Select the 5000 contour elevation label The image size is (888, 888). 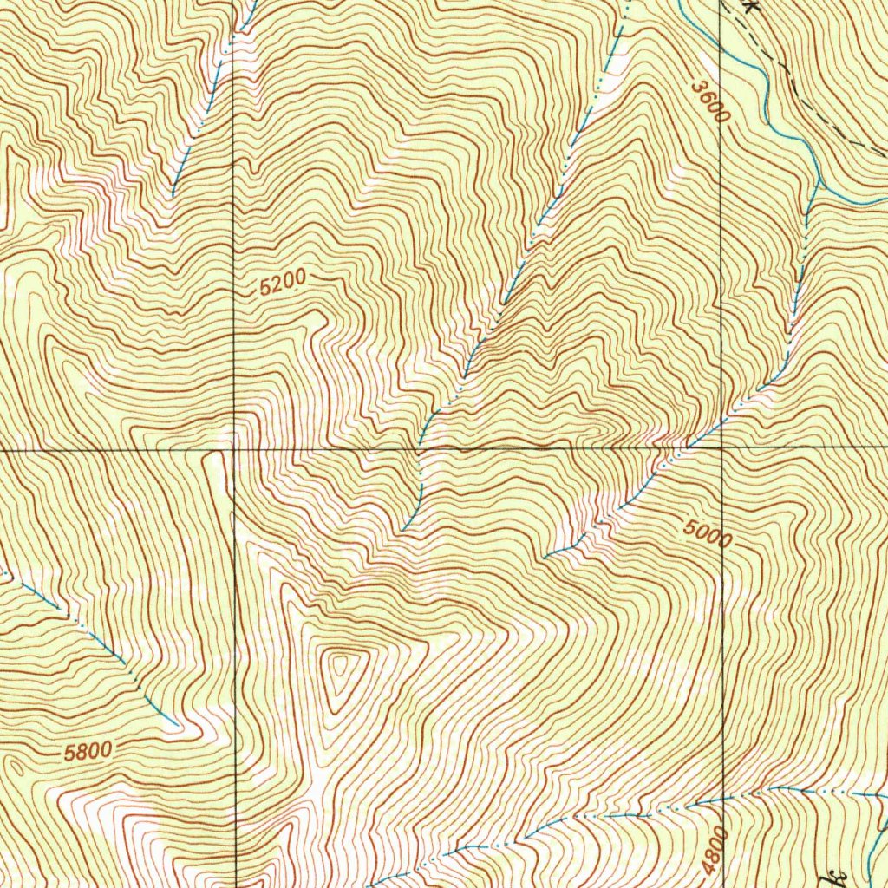[x=707, y=532]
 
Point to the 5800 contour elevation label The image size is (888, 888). [x=88, y=751]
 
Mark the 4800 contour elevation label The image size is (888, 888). [x=713, y=854]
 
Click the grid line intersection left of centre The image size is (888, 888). [x=234, y=450]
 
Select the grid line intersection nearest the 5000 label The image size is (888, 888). [x=723, y=447]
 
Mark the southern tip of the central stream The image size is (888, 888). [x=402, y=531]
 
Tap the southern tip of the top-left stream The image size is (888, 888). [x=173, y=194]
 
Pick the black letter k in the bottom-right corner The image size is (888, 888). [x=839, y=876]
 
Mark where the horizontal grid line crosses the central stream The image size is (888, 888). [x=421, y=449]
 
